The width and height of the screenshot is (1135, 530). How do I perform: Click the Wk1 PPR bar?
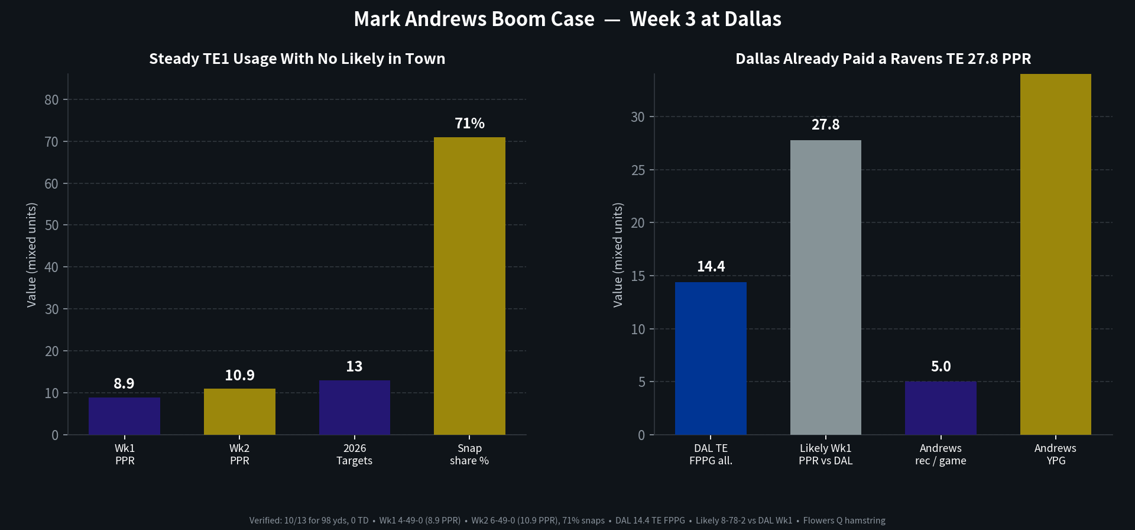click(x=124, y=416)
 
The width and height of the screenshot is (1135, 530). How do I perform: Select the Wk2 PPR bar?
click(x=239, y=412)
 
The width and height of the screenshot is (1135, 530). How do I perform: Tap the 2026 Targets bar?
click(x=355, y=408)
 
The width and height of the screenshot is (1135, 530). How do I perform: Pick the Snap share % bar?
click(x=469, y=286)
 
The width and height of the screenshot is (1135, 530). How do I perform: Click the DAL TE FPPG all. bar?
click(x=711, y=358)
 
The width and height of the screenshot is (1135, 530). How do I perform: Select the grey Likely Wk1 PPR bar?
click(x=826, y=287)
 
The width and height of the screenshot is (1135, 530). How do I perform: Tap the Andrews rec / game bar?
click(x=941, y=408)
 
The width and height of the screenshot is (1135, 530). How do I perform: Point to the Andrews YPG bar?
click(x=1056, y=254)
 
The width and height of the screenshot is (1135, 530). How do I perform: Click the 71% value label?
click(x=469, y=123)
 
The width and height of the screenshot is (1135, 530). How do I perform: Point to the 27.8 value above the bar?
click(x=826, y=125)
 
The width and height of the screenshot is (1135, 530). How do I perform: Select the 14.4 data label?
click(x=711, y=267)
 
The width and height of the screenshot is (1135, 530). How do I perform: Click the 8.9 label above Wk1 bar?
click(x=124, y=384)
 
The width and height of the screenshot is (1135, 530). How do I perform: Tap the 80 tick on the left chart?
click(x=51, y=100)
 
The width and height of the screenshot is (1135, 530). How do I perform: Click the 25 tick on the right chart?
click(x=638, y=170)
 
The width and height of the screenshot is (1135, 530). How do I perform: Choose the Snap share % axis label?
click(x=469, y=454)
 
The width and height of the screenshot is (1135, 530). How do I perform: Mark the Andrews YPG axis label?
click(x=1056, y=454)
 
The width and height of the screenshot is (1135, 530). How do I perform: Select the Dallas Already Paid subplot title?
click(x=883, y=59)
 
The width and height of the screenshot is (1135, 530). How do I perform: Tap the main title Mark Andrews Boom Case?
click(x=474, y=19)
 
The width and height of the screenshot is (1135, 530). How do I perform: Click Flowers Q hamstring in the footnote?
click(x=844, y=521)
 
